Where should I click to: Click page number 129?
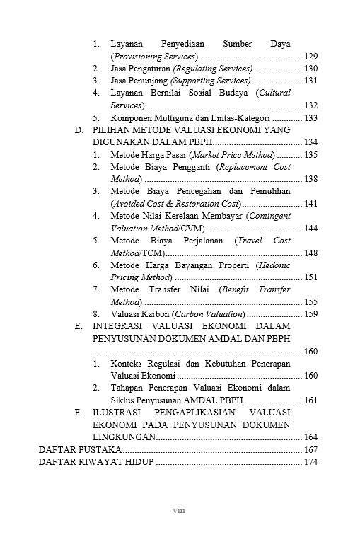point(310,56)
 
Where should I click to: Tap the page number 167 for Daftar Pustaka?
point(310,450)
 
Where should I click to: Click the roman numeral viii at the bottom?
point(180,510)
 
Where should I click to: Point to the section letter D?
point(79,130)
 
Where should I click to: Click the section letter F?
point(78,412)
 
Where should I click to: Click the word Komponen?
point(132,117)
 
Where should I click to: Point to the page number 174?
point(310,463)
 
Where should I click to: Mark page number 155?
point(310,301)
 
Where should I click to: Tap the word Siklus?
point(123,400)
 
